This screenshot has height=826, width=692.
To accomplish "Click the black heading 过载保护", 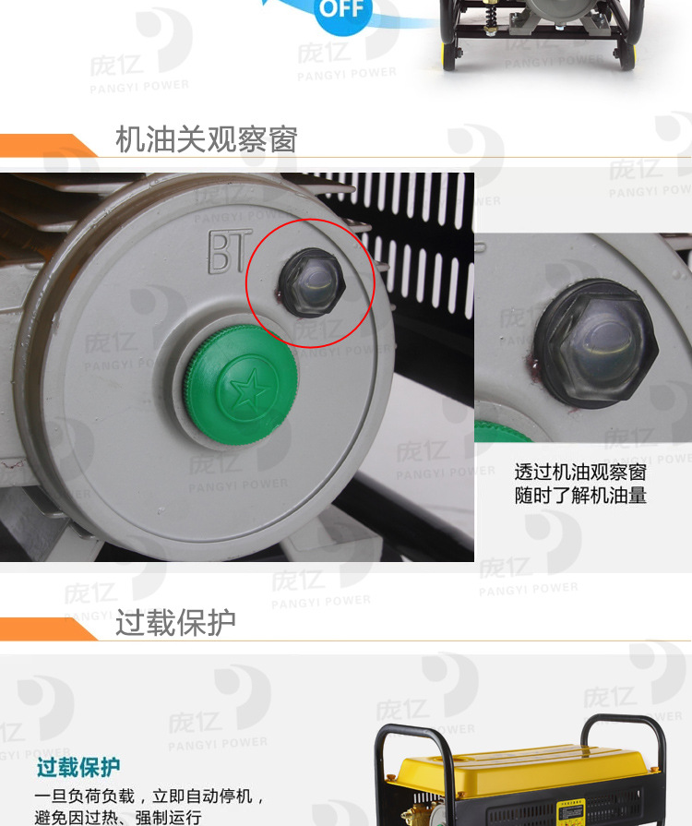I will (175, 623).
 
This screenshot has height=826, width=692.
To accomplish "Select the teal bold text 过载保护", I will (78, 767).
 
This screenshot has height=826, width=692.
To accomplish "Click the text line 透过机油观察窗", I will (580, 472).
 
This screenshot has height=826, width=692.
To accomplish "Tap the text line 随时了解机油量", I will (580, 496).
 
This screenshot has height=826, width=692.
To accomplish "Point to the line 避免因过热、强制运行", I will (118, 817).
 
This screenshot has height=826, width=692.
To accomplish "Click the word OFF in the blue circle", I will (342, 11).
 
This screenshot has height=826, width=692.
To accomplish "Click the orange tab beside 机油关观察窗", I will (46, 146).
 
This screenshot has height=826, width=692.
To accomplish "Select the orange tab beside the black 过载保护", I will (46, 628).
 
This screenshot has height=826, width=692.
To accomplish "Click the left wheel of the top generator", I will (450, 59).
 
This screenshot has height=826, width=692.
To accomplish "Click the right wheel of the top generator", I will (627, 59).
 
